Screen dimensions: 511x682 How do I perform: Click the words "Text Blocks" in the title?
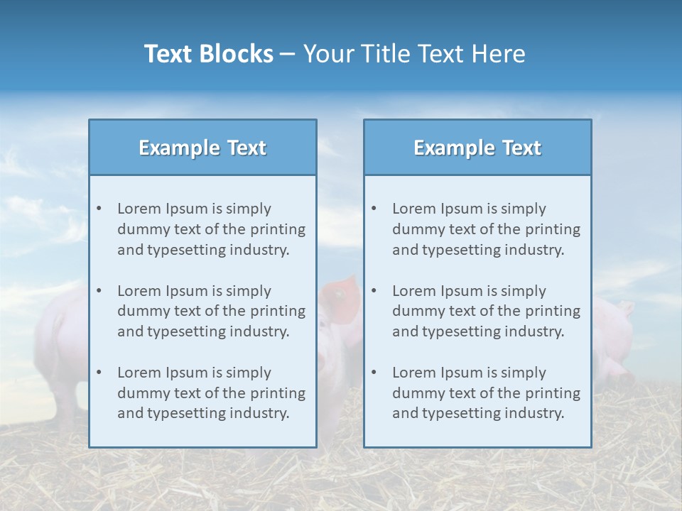(208, 54)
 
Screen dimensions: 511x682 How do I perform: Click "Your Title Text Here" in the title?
(414, 54)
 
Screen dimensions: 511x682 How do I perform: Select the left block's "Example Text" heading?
(202, 148)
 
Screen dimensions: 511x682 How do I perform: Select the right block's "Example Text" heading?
(477, 148)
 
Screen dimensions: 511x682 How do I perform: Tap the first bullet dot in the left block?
(99, 209)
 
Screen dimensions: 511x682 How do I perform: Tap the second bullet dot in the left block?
(99, 291)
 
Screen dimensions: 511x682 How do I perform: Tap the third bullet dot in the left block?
(99, 373)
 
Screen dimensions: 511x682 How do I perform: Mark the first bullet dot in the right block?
(374, 209)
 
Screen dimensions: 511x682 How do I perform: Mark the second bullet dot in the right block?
(374, 291)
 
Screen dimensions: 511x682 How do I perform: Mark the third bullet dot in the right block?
(374, 373)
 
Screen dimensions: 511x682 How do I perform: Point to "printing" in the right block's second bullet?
(555, 311)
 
